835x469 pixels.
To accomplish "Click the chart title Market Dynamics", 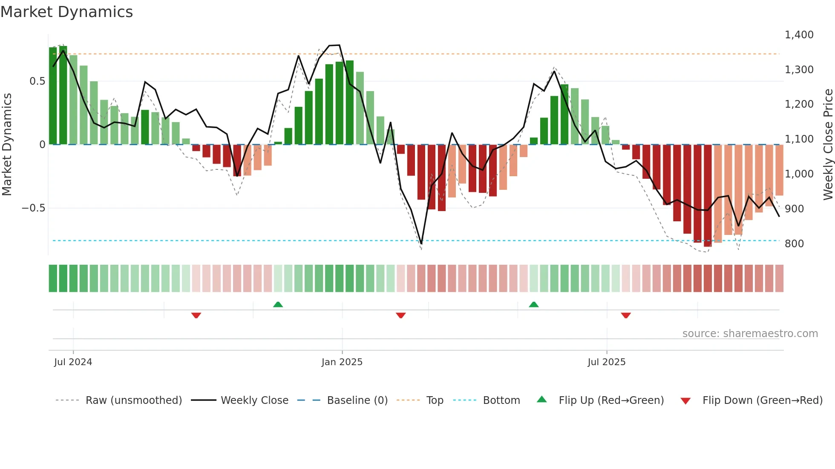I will click(67, 12).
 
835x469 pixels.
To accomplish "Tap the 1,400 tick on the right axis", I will click(799, 35).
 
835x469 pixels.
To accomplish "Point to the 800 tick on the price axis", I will click(794, 244).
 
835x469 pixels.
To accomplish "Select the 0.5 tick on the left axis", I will click(37, 81).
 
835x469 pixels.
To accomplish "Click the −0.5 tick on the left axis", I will click(33, 208).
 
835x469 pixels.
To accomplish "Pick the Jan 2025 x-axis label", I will click(342, 362).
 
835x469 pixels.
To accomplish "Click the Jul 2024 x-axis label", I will click(73, 362).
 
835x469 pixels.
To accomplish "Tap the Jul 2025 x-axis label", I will click(606, 362).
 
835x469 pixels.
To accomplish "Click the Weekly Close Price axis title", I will click(828, 145).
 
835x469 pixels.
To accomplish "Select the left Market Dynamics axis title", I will click(7, 145).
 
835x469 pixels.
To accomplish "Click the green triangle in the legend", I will click(541, 399).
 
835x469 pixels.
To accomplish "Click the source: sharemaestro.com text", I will click(750, 334).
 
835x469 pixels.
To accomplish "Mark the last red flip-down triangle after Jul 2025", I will click(625, 315).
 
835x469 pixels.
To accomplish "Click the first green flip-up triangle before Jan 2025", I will click(278, 304).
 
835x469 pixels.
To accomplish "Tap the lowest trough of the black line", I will click(421, 244).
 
